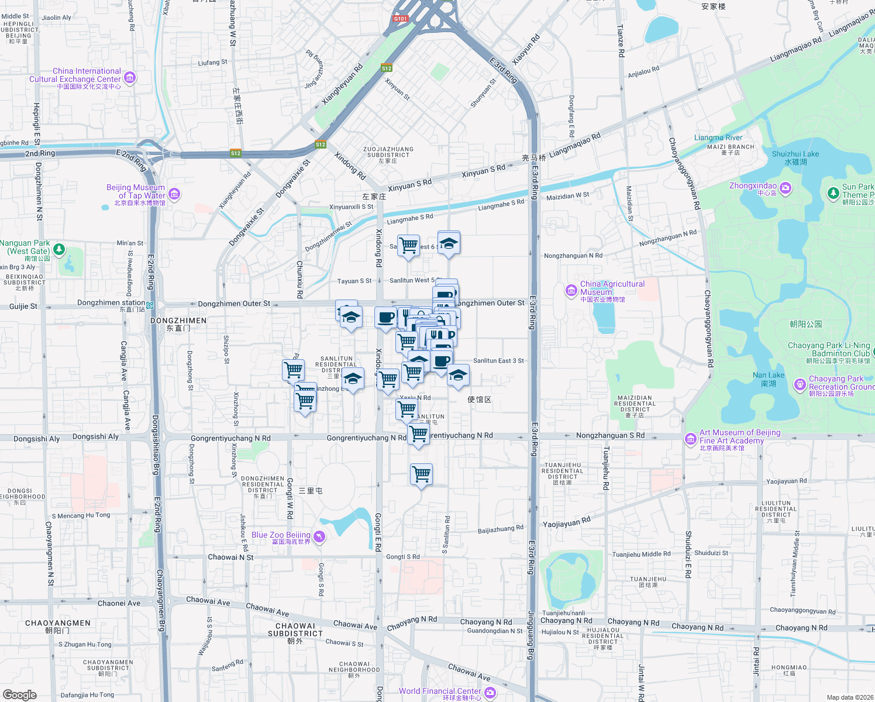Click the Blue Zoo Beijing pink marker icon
coord(319,536)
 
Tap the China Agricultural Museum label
coord(612,288)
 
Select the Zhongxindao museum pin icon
coord(786,188)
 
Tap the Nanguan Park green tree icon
coord(59,250)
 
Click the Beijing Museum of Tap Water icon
coord(174,194)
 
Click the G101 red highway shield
coord(400,19)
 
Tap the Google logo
coord(19,695)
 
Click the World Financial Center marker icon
coord(490,693)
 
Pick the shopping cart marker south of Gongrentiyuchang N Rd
coord(421,474)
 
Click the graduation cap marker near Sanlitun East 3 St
coord(458,375)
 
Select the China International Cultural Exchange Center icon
coord(130,77)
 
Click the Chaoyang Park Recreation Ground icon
coord(800,384)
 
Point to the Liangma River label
coord(718,138)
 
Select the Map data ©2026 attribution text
coord(849,697)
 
